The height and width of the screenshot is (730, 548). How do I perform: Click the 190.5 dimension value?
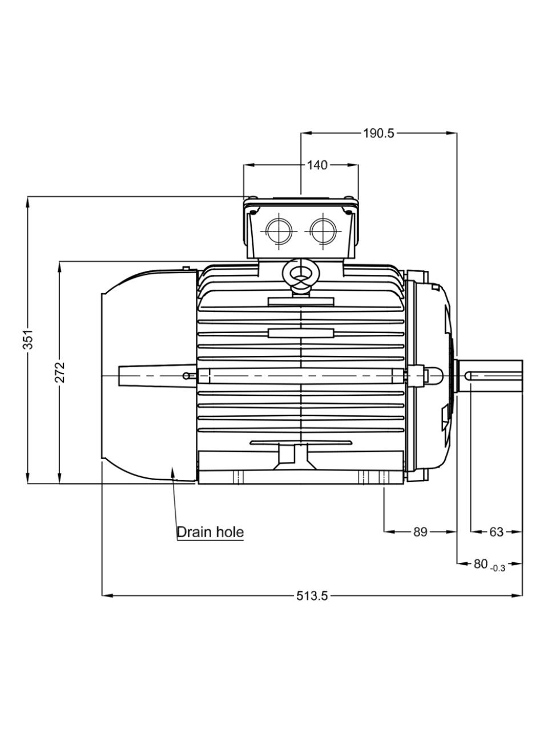pos(378,133)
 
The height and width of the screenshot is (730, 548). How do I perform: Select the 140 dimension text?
pos(317,165)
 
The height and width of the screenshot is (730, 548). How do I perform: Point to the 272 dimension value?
pos(60,372)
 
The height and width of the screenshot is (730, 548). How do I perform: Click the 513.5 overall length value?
pos(312,595)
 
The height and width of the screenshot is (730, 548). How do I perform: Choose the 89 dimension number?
pos(420,532)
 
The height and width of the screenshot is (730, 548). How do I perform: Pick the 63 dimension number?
pos(496,532)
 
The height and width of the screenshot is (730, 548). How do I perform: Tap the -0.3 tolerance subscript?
pos(498,569)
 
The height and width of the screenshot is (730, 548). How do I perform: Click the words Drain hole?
pos(210,532)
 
